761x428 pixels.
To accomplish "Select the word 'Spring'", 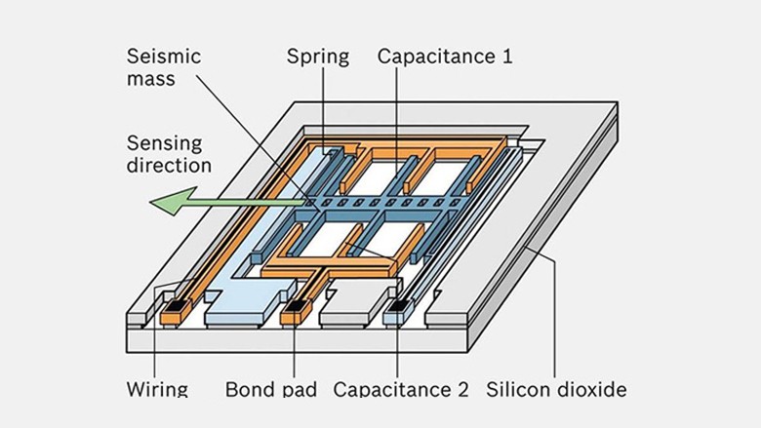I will coord(317,57).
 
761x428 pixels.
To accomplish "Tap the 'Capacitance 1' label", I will coord(445,57).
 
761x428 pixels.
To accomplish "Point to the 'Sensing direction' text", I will coord(169,154).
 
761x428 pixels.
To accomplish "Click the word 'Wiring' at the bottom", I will coord(157,389).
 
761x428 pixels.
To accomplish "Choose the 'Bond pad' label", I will coord(270,389).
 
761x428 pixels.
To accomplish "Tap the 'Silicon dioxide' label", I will coord(556,389).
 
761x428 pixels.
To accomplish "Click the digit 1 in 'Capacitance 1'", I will coord(505,57).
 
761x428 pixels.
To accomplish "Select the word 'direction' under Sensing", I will coord(169,166).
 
